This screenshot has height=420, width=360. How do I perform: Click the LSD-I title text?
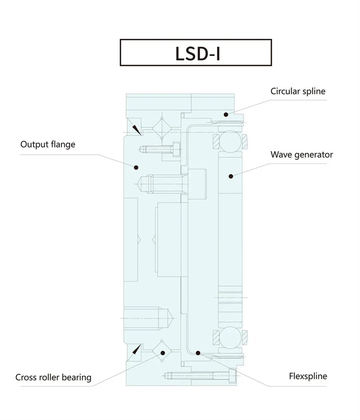click(198, 54)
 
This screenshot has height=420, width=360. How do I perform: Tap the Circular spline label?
click(298, 91)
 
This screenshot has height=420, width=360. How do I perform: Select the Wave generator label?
click(302, 154)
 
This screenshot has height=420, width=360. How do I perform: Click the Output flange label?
click(48, 145)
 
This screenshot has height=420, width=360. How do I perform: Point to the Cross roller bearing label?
click(53, 378)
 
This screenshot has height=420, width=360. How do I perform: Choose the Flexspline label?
click(308, 376)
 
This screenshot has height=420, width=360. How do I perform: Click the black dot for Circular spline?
click(226, 115)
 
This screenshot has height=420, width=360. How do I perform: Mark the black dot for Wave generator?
click(231, 176)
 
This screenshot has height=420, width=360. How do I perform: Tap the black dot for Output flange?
click(136, 168)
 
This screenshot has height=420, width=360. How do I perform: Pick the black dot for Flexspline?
click(198, 353)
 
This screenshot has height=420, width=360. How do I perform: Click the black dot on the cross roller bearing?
click(163, 353)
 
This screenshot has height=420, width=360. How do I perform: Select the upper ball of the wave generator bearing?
click(230, 141)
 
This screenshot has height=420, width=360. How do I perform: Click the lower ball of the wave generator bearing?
click(230, 337)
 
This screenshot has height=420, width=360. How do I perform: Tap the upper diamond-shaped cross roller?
click(162, 128)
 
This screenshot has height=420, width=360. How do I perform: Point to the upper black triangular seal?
click(136, 130)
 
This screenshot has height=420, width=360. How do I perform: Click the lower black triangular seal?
click(136, 350)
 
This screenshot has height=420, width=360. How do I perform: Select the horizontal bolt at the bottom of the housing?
click(199, 376)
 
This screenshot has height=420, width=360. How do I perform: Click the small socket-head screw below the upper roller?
click(160, 149)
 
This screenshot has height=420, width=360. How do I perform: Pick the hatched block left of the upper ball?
click(216, 142)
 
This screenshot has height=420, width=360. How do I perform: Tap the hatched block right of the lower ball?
click(244, 337)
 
